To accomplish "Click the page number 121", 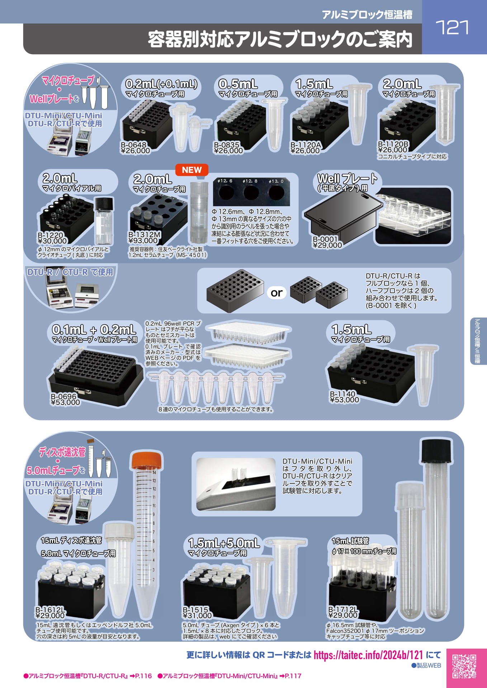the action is [x=452, y=28].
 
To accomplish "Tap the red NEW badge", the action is [x=192, y=170].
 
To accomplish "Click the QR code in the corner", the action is [x=464, y=666].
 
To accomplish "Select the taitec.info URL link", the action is [x=368, y=655].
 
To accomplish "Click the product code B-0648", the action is [x=133, y=145].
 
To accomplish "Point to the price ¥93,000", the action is [x=143, y=241].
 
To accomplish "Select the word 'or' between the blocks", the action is [x=276, y=293].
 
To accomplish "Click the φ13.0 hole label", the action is [x=276, y=181].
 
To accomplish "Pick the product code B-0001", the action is [x=325, y=239].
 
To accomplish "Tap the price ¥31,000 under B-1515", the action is [x=197, y=616].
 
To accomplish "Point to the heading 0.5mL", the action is [x=238, y=84].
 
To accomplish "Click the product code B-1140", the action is [x=343, y=394].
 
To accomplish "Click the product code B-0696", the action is [x=63, y=396].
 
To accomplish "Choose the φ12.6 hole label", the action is [x=225, y=181].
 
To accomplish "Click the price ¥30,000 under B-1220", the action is [x=52, y=241].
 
